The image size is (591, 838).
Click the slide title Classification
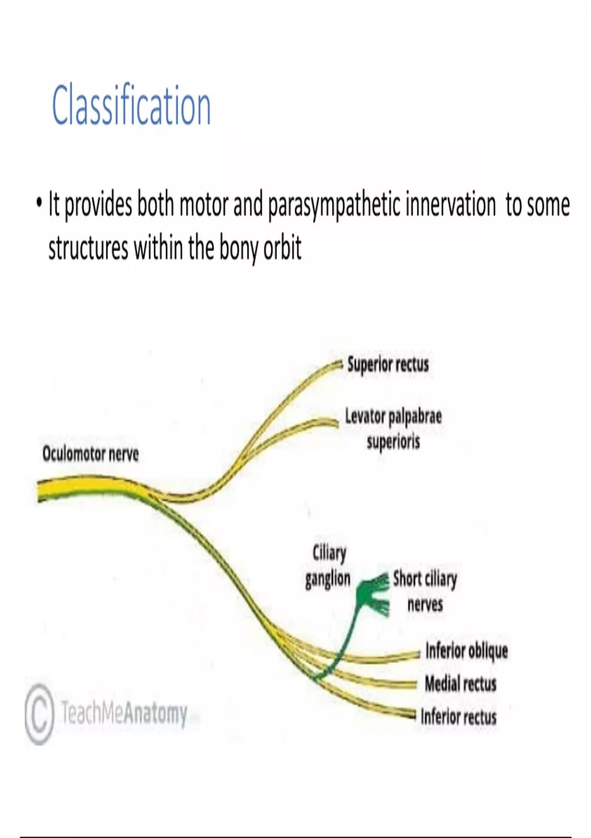pos(131,106)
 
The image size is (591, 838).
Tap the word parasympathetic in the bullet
pos(334,206)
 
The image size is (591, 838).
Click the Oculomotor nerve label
pos(91,454)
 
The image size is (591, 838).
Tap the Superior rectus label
pos(388,365)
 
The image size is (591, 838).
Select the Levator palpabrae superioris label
pos(393,429)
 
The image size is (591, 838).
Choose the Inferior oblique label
pos(466,651)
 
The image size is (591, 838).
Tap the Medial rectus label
pos(460,684)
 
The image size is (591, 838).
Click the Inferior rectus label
pos(459,716)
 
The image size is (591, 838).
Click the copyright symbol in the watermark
pos(38,713)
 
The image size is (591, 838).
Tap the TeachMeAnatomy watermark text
pos(124,713)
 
